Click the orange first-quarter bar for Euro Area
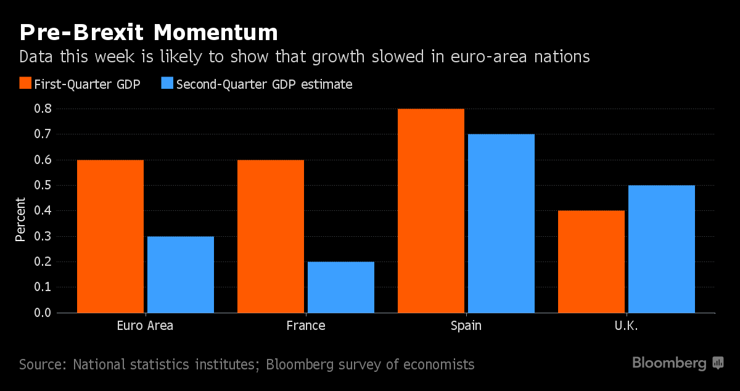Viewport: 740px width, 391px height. pyautogui.click(x=110, y=236)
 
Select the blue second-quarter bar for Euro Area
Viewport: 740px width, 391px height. pyautogui.click(x=181, y=274)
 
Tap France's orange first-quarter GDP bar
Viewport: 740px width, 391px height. pyautogui.click(x=271, y=236)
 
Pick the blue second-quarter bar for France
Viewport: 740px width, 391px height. pyautogui.click(x=341, y=287)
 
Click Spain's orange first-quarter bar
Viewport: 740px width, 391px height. pyautogui.click(x=431, y=211)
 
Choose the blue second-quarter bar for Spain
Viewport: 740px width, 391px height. pyautogui.click(x=501, y=223)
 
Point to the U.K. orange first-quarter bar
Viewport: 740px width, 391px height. pyautogui.click(x=591, y=261)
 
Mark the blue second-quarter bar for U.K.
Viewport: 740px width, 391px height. pyautogui.click(x=662, y=249)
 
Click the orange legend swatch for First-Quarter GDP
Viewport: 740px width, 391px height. pyautogui.click(x=26, y=84)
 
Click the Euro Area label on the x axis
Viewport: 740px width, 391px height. pyautogui.click(x=145, y=326)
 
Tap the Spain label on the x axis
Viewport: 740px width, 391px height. pyautogui.click(x=466, y=326)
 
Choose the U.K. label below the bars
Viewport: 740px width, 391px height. pyautogui.click(x=626, y=326)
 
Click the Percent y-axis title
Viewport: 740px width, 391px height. pyautogui.click(x=20, y=219)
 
